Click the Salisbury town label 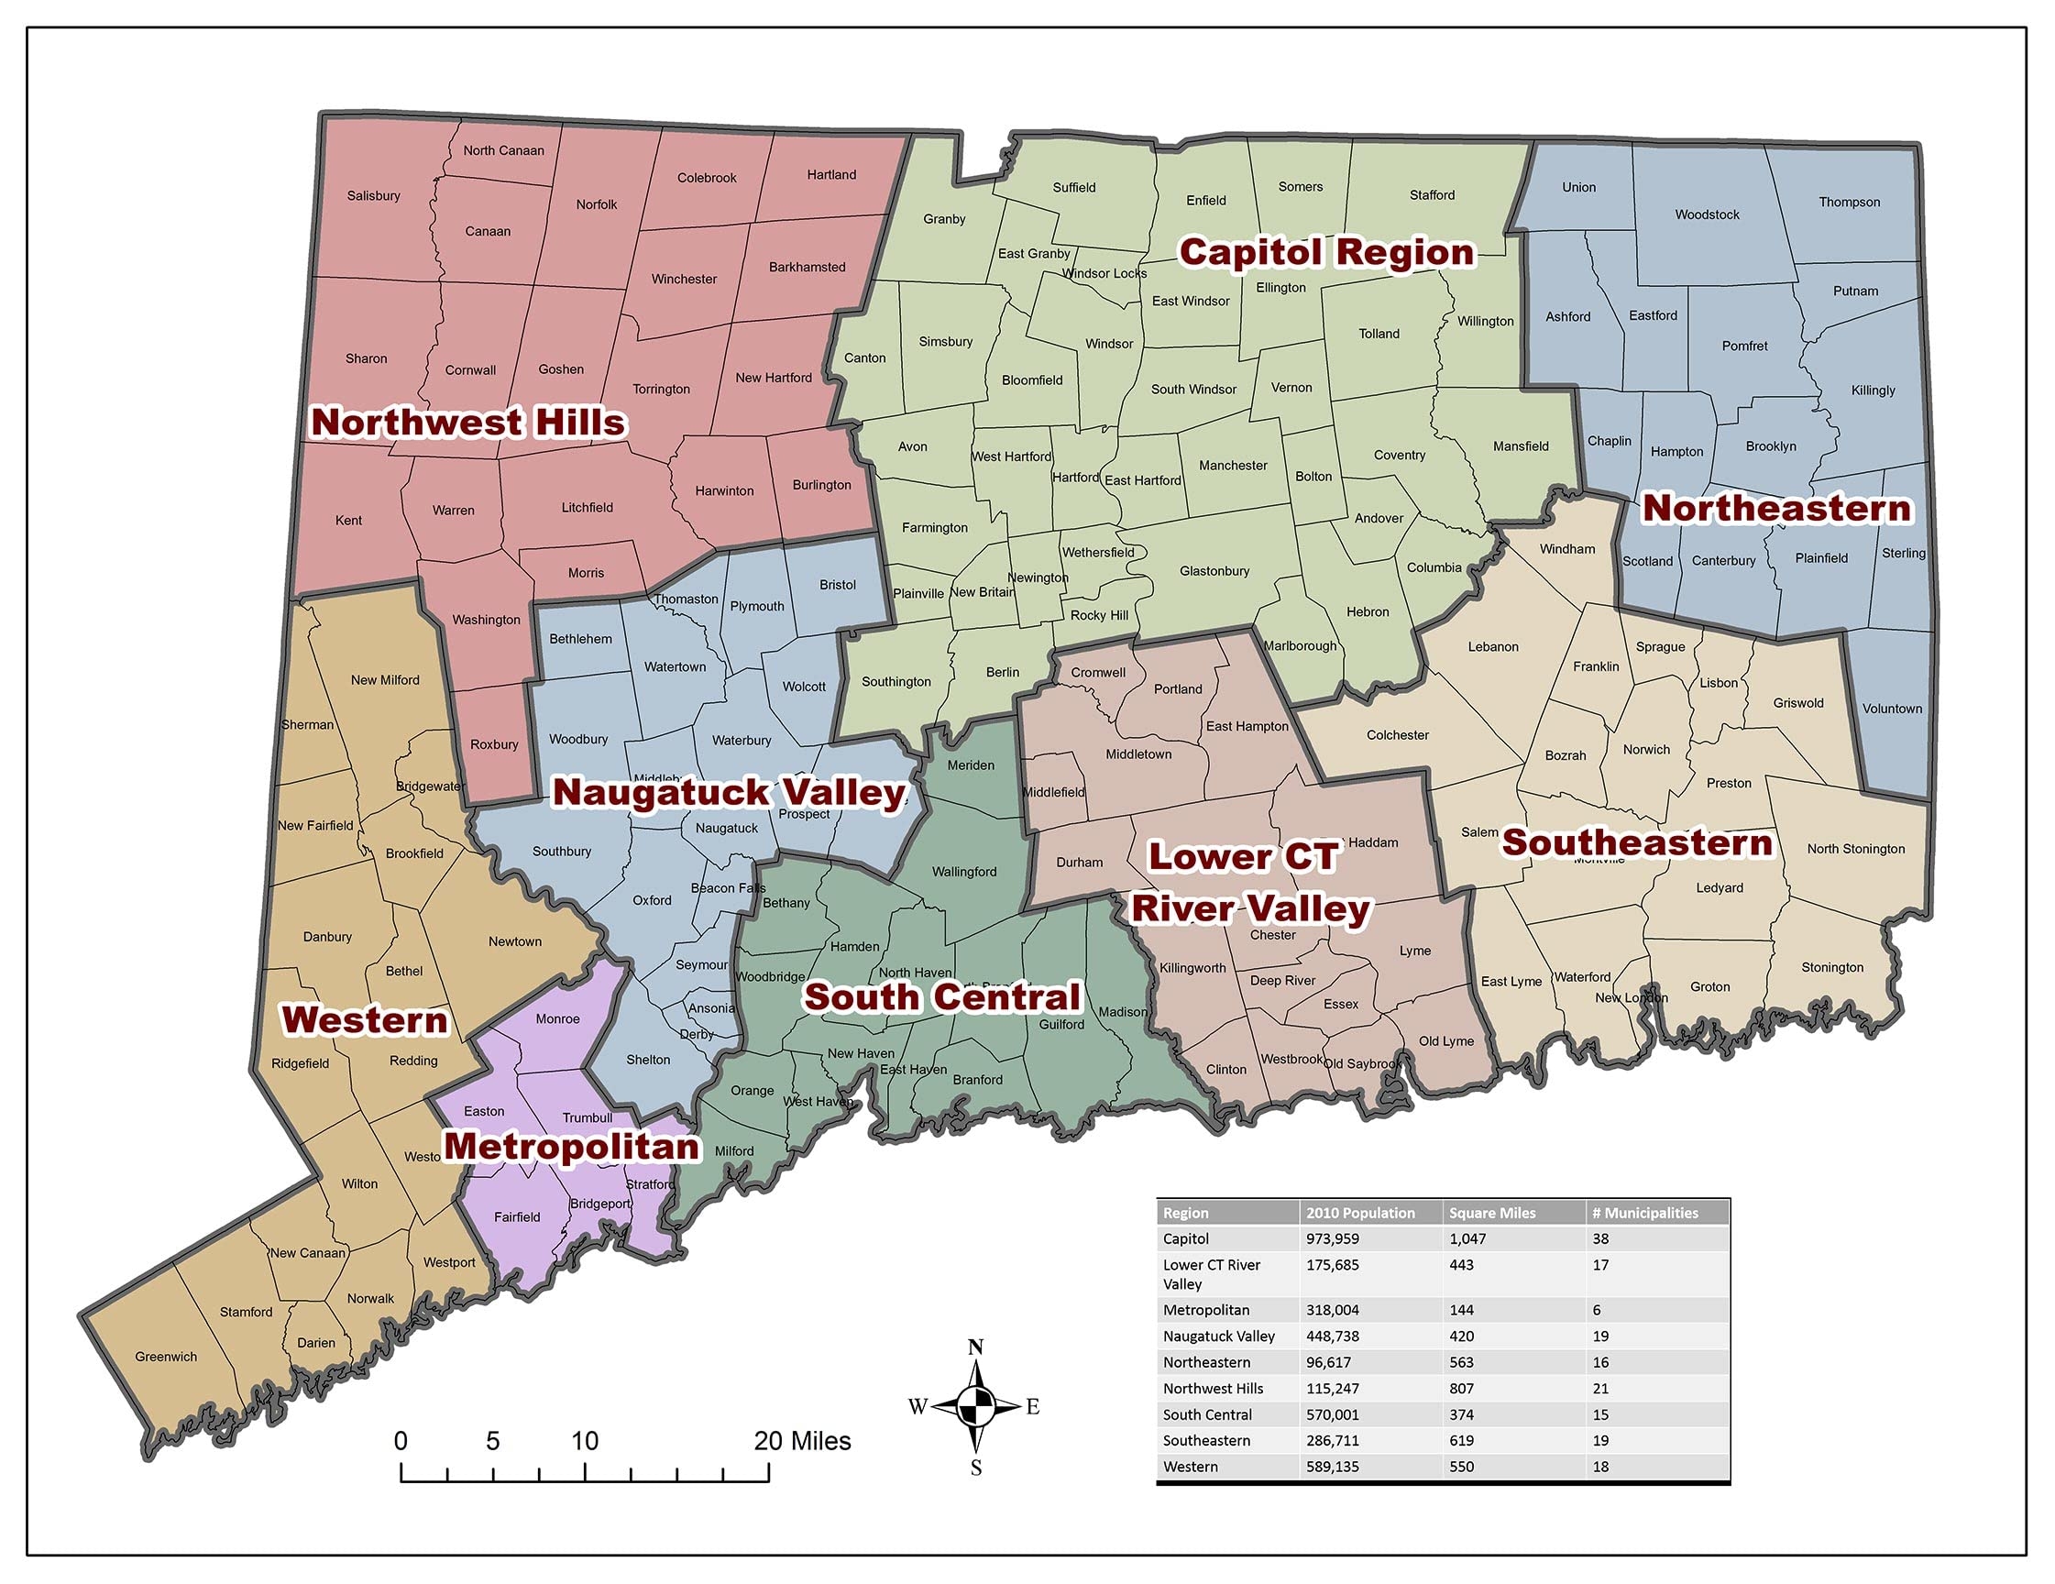point(374,196)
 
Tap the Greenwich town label point(166,1357)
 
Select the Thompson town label point(1849,203)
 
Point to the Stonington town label point(1832,967)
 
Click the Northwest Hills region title point(467,423)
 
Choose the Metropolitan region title point(571,1147)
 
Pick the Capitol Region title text point(1326,252)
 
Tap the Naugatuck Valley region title point(729,793)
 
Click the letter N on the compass point(976,1347)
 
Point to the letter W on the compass point(918,1407)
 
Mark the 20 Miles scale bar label point(802,1441)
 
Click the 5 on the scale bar point(492,1441)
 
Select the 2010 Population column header point(1359,1213)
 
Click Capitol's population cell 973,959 point(1333,1238)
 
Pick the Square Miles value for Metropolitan point(1461,1310)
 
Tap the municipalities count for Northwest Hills point(1600,1388)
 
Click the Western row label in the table point(1191,1467)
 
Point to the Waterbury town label point(742,741)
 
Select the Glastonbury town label point(1214,571)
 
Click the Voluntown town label point(1892,709)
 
